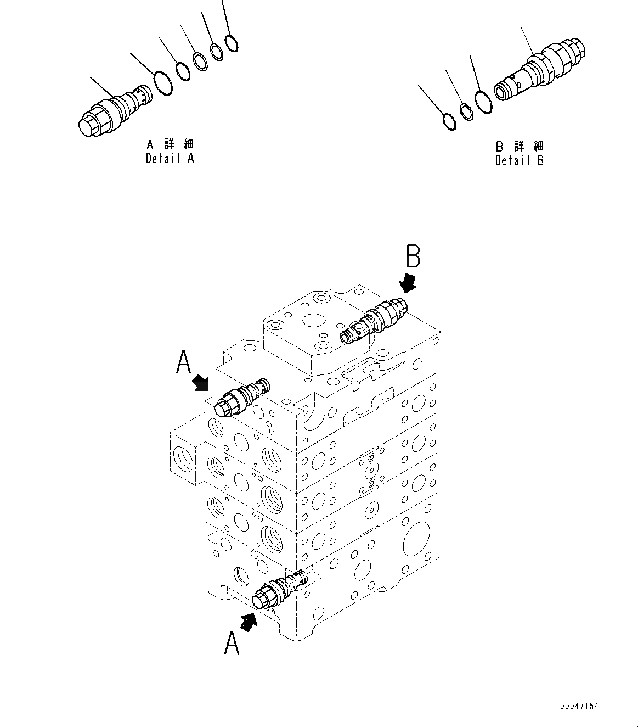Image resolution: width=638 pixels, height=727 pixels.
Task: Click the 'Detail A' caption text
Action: point(170,159)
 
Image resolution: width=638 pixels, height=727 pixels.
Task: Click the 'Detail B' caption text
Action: point(519,160)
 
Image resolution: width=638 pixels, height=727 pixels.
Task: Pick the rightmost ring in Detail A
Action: point(232,43)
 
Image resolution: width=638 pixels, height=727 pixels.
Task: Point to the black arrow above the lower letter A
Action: point(249,622)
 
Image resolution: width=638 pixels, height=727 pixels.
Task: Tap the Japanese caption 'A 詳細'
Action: point(170,144)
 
